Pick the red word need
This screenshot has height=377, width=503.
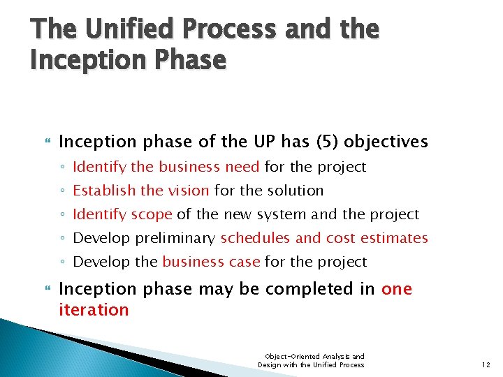coord(242,167)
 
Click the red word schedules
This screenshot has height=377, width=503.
coord(255,238)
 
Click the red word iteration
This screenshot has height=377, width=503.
coord(94,310)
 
